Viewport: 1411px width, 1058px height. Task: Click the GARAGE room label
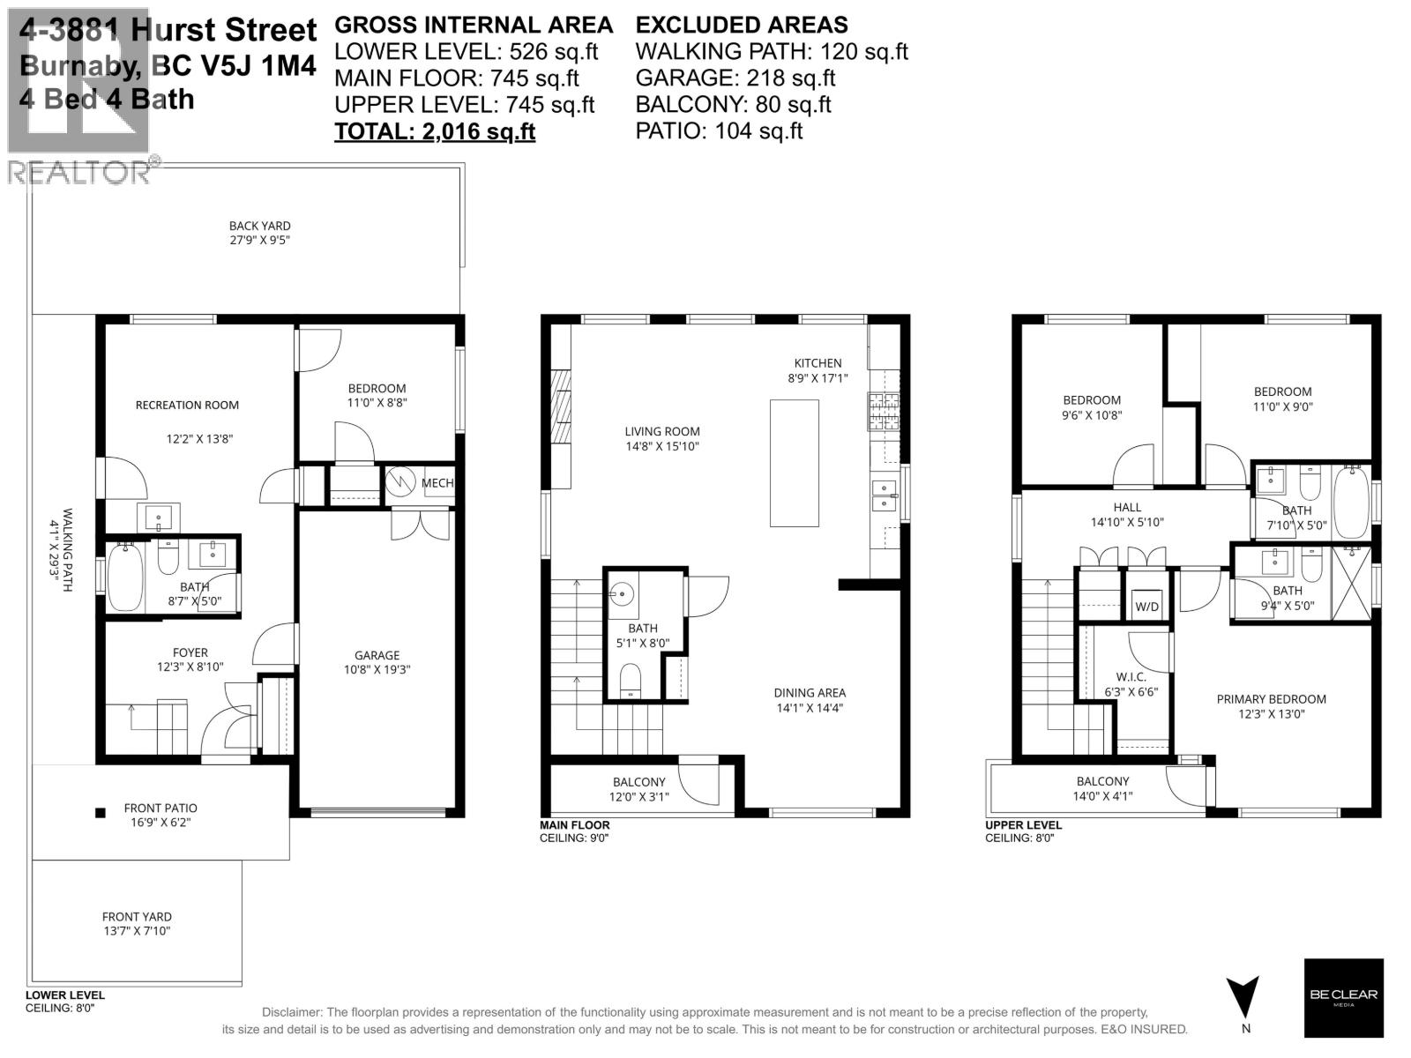(377, 655)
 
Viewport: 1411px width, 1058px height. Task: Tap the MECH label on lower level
(437, 483)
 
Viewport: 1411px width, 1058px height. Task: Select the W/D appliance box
(1146, 607)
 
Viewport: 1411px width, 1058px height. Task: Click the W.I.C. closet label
(1131, 677)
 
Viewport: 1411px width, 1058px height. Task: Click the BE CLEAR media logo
(1343, 996)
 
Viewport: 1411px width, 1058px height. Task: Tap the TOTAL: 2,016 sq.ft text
(435, 131)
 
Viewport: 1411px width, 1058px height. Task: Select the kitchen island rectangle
(795, 463)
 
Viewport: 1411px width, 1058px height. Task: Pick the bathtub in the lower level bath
(124, 577)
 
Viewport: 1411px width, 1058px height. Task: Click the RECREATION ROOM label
(187, 406)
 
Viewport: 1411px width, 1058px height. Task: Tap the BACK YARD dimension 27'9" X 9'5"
(259, 240)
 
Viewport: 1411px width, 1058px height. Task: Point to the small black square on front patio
(101, 813)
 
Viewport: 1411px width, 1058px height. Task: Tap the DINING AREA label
(810, 693)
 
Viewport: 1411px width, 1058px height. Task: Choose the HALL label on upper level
(1127, 507)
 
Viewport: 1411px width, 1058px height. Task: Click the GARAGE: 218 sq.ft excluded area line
(735, 78)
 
